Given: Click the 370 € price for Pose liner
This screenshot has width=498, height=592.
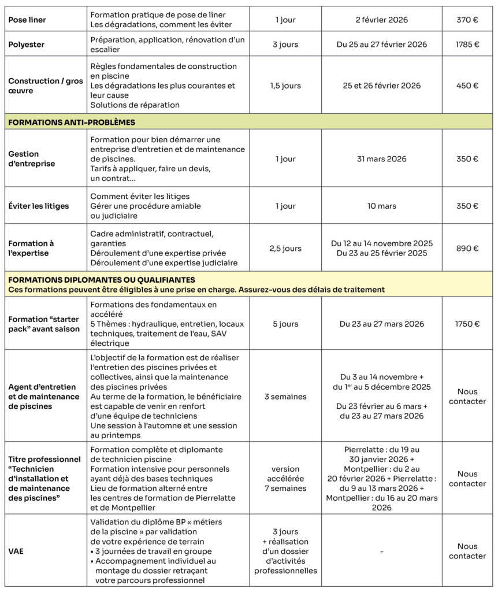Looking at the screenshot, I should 467,20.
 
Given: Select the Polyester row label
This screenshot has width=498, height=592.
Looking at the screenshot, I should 27,45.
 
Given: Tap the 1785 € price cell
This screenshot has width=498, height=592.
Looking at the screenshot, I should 467,45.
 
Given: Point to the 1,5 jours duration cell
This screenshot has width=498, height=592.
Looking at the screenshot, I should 285,86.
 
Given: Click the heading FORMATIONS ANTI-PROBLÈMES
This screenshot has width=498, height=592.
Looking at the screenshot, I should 72,122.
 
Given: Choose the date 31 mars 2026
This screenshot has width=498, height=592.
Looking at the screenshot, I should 381,159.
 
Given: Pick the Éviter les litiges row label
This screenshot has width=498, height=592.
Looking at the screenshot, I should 39,206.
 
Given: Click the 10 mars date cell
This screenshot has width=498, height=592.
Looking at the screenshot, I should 381,206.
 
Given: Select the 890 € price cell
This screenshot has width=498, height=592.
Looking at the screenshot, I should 467,249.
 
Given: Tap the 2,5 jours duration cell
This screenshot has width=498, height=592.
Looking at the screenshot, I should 285,249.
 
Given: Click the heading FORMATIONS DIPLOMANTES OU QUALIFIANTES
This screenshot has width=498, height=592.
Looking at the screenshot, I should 102,280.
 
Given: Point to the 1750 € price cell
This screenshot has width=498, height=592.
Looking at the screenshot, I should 467,324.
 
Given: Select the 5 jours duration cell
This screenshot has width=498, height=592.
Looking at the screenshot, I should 285,324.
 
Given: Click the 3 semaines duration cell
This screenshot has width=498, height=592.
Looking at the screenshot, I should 285,397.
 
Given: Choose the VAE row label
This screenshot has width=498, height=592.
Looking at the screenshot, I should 17,551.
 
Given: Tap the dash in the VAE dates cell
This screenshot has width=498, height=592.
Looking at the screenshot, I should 381,552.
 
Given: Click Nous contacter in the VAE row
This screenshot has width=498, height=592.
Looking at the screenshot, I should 467,551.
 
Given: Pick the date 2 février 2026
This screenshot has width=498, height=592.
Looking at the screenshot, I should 381,20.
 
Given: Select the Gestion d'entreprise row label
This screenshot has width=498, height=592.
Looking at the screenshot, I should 32,159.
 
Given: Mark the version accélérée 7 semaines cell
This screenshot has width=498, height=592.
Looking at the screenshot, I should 285,479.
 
